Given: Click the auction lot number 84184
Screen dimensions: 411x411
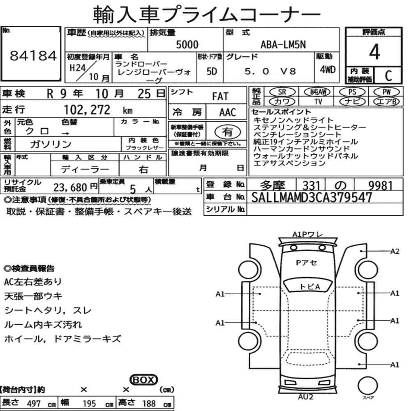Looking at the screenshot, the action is (33, 55).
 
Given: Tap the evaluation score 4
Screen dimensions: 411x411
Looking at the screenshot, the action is (374, 52).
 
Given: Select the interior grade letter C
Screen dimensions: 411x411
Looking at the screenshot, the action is (388, 76).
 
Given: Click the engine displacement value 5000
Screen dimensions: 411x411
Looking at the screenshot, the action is (187, 44).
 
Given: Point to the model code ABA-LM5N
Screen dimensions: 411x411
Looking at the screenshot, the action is (283, 44).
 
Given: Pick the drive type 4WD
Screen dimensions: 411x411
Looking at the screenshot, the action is (328, 69).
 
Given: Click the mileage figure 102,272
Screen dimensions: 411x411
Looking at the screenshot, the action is (87, 110).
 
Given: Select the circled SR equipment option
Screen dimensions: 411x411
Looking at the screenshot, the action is (282, 92).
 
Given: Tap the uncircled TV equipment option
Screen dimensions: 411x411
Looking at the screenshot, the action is (318, 102).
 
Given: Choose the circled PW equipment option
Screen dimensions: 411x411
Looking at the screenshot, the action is (386, 92).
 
